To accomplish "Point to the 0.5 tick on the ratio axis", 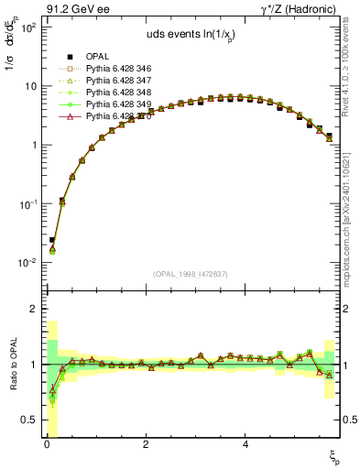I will click(29, 420).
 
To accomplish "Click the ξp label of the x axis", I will click(335, 455).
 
